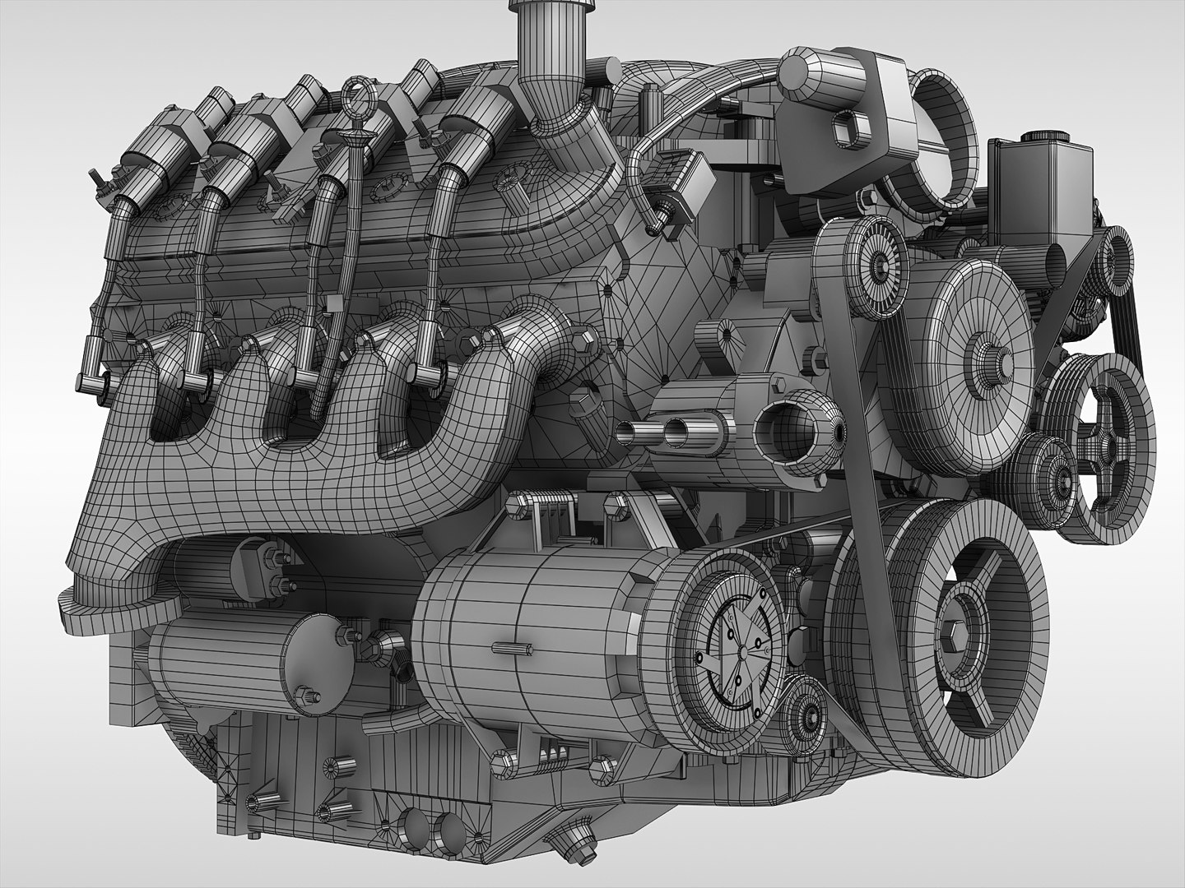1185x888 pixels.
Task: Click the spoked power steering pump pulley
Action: coord(1103,444)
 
